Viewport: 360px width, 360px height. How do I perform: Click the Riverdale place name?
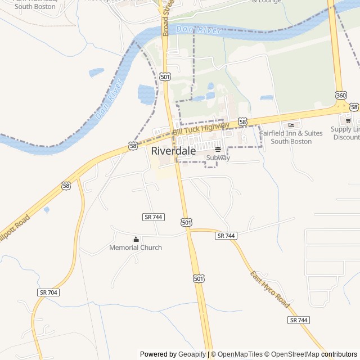click(173, 151)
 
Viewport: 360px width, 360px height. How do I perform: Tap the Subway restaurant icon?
click(218, 149)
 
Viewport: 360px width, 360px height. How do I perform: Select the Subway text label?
click(218, 158)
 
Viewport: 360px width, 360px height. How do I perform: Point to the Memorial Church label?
click(135, 247)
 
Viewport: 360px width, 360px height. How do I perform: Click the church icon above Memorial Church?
click(135, 239)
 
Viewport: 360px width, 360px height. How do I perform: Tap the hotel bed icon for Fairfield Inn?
click(291, 125)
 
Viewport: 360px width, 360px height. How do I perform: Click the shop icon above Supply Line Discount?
click(348, 120)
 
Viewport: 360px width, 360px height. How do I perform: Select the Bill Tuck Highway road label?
click(200, 128)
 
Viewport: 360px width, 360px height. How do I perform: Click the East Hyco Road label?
click(270, 289)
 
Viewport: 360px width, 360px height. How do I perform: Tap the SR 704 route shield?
click(49, 292)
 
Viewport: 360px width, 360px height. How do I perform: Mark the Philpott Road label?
click(12, 229)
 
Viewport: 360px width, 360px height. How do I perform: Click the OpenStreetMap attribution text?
click(292, 354)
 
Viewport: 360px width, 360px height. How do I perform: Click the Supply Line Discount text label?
click(345, 133)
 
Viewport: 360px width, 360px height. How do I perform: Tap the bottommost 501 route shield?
click(199, 278)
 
